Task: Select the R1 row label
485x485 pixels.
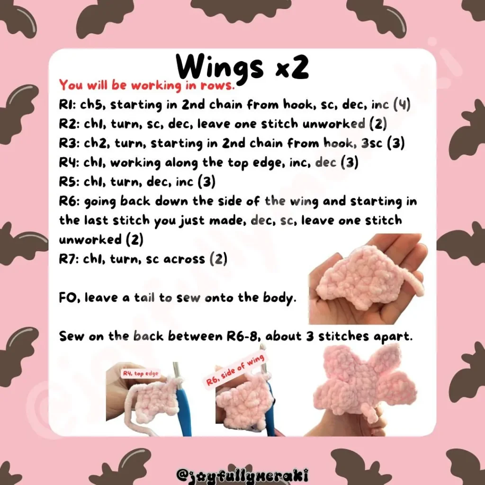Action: (x=67, y=105)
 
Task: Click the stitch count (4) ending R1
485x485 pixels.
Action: (x=402, y=105)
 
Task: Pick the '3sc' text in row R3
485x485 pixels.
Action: (x=372, y=143)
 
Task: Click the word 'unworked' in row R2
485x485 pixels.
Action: (x=334, y=124)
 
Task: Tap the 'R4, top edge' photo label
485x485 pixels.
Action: (x=141, y=374)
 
